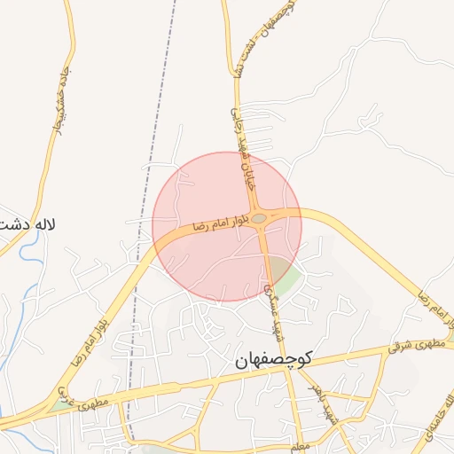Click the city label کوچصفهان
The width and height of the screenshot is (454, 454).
coord(274,360)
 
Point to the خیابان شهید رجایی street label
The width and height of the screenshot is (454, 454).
coord(246,143)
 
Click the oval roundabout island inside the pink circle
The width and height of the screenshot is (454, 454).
coord(259,218)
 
